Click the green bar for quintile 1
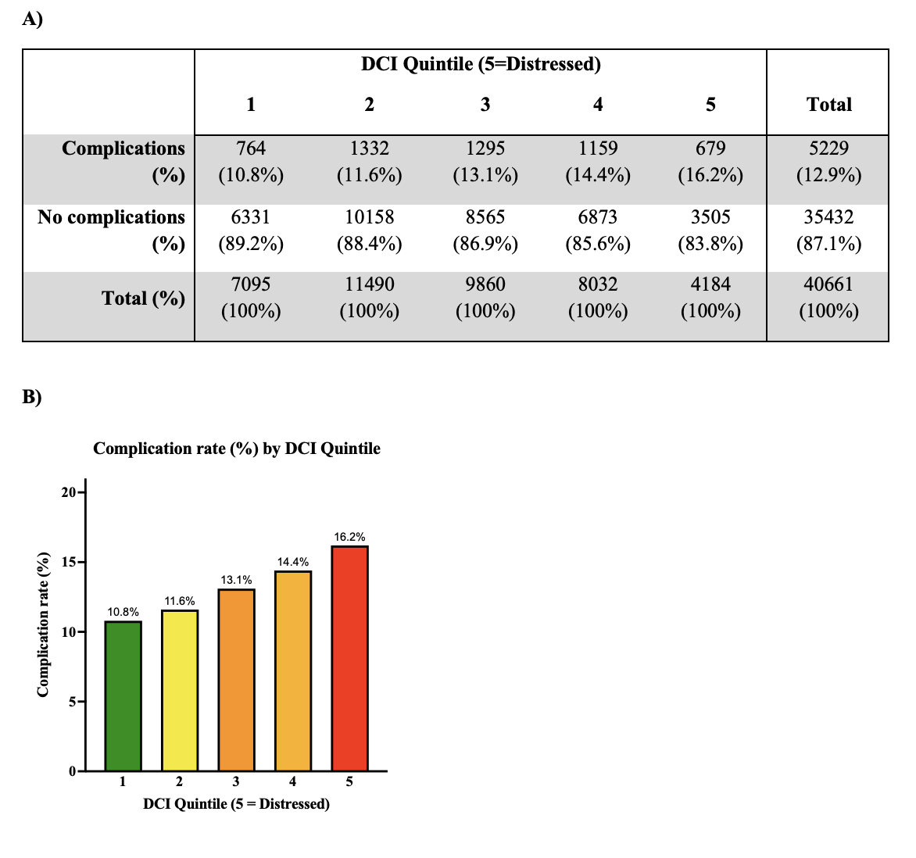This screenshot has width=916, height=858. (x=123, y=695)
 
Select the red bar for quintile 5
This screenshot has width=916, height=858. (x=349, y=658)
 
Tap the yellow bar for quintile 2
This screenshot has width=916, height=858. (x=180, y=690)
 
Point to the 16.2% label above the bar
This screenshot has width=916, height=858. (x=349, y=537)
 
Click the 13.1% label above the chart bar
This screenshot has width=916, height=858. (x=236, y=580)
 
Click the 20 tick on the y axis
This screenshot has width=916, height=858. (x=68, y=492)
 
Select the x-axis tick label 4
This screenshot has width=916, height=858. (x=293, y=781)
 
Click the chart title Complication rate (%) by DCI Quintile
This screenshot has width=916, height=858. (x=237, y=449)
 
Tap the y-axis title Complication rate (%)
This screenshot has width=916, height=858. (x=44, y=624)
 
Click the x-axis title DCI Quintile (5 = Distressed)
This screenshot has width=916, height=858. (x=236, y=803)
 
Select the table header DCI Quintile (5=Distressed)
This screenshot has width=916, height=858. (x=481, y=64)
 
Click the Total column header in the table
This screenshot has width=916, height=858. (x=828, y=104)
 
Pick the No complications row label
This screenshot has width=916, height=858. (x=111, y=217)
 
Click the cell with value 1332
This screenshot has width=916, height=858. (x=369, y=148)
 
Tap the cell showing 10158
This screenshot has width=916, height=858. (x=369, y=217)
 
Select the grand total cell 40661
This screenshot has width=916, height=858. (x=828, y=284)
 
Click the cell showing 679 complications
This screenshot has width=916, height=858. (x=710, y=148)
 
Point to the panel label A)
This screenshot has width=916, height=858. (x=32, y=20)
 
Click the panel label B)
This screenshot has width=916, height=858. (x=32, y=397)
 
